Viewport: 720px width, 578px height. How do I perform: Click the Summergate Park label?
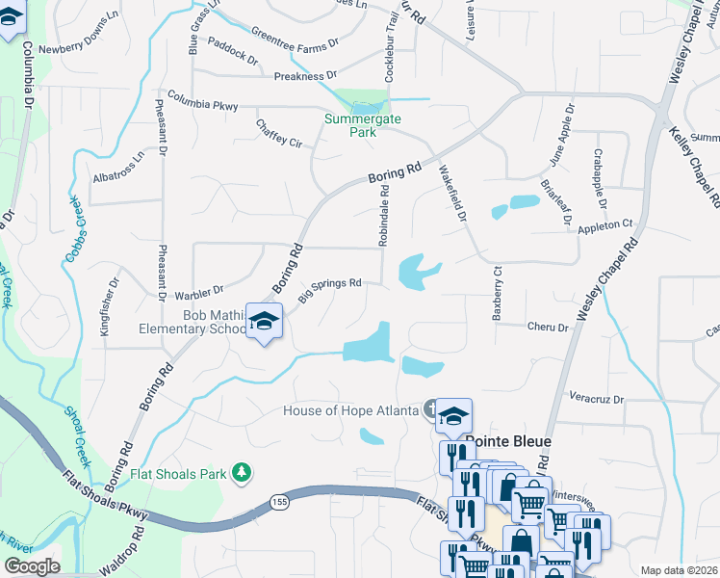click(350, 125)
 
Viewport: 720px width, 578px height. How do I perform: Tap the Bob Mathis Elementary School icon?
click(263, 322)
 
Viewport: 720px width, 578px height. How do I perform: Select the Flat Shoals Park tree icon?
click(244, 471)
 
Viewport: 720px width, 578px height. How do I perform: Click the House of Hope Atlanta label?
click(350, 410)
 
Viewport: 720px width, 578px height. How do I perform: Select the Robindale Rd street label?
click(383, 216)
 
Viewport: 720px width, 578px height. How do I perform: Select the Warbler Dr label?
click(199, 290)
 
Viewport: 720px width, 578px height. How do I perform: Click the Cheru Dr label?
click(548, 328)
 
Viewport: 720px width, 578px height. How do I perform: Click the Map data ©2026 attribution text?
click(679, 570)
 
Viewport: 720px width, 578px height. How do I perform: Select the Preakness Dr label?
click(305, 75)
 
